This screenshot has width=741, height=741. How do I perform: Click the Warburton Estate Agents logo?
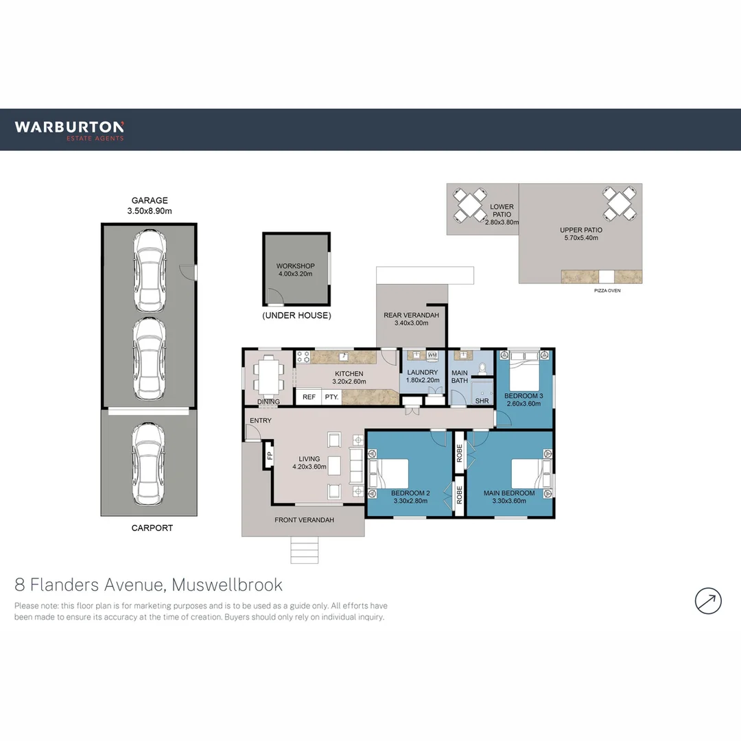pos(69,130)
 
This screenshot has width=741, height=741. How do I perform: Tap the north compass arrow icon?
pos(708,600)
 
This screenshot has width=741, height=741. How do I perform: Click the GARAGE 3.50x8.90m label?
pos(150,206)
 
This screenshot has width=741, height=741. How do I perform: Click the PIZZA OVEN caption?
pos(608,291)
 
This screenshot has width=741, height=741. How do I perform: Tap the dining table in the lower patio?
pos(471,204)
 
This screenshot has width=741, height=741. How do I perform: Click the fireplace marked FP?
pos(270,456)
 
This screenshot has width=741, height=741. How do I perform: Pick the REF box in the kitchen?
pos(309,397)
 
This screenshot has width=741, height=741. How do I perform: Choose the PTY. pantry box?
pos(331,397)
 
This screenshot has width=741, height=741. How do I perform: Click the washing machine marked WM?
pos(432,355)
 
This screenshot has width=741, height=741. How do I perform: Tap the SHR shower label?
pos(482,401)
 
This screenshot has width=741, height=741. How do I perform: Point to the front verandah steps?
pos(305,550)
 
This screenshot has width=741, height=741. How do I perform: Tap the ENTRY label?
pos(261,421)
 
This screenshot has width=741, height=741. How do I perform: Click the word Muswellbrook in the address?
pos(227,585)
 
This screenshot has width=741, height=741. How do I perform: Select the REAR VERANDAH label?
pos(411,319)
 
